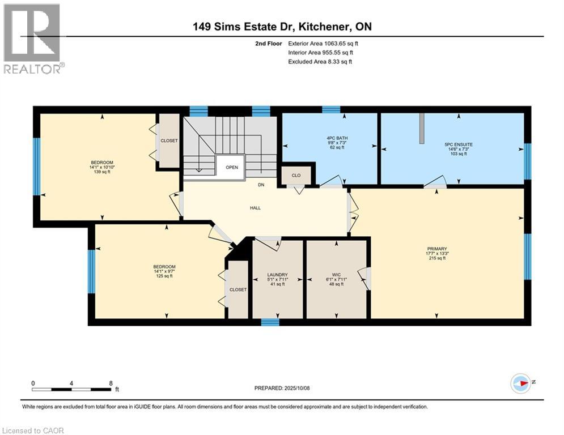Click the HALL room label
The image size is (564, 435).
[x=255, y=208]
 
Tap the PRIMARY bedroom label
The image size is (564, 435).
[x=438, y=249]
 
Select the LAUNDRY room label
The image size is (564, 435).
[x=278, y=275]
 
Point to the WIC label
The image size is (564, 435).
[x=336, y=275]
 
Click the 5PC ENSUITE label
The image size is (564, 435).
[x=459, y=145]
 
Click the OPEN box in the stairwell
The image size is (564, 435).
[x=231, y=167]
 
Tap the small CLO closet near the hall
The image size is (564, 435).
[x=295, y=176]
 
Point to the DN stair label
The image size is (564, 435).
[x=261, y=185]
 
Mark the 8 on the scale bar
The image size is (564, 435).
[x=110, y=383]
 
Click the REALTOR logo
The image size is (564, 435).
[x=33, y=39]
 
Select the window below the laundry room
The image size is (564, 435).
[x=270, y=322]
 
